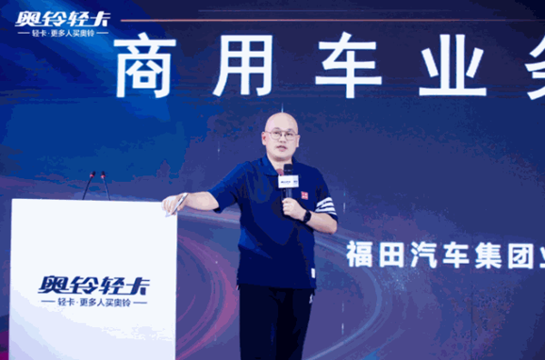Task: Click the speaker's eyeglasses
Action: (282, 135)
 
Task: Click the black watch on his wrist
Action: (307, 216)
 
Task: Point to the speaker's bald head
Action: (281, 120)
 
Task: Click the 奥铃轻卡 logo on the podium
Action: (94, 283)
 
